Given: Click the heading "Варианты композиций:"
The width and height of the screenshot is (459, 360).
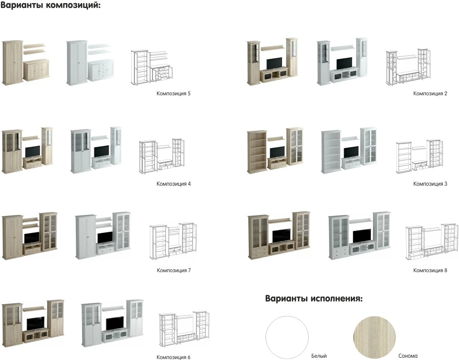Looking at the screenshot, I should pyautogui.click(x=51, y=6).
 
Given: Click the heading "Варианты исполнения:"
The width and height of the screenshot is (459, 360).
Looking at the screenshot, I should pyautogui.click(x=314, y=298).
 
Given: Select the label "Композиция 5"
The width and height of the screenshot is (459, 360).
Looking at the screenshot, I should pyautogui.click(x=173, y=94).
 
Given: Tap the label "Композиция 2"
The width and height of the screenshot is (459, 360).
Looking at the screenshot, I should pyautogui.click(x=430, y=94).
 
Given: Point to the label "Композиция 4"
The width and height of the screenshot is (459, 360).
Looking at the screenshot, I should pyautogui.click(x=173, y=184).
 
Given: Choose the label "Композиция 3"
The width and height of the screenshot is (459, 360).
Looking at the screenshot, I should pyautogui.click(x=430, y=184).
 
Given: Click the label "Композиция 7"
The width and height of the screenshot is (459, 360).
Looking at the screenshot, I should pyautogui.click(x=173, y=270).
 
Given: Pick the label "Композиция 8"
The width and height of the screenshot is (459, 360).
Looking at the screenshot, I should pyautogui.click(x=430, y=270).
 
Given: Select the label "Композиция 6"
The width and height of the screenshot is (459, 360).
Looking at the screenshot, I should pyautogui.click(x=173, y=357).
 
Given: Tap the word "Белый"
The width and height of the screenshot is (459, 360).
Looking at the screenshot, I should pyautogui.click(x=319, y=356).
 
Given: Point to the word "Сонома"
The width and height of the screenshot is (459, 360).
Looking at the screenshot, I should pyautogui.click(x=408, y=356).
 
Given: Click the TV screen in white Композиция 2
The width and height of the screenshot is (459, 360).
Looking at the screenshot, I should pyautogui.click(x=344, y=63).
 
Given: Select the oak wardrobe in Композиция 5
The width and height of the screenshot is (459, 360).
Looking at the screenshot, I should pyautogui.click(x=12, y=62).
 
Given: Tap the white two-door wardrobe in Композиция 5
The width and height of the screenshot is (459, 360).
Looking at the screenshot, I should pyautogui.click(x=77, y=62).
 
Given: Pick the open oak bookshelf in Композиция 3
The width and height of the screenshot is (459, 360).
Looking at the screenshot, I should pyautogui.click(x=257, y=152).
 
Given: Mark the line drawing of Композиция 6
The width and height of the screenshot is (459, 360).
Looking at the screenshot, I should pyautogui.click(x=184, y=329).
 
